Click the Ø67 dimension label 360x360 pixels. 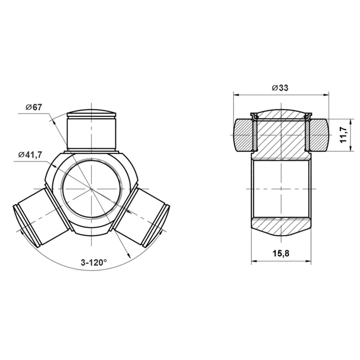click(34, 107)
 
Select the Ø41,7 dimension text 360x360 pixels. click(30, 155)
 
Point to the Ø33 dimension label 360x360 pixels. click(280, 88)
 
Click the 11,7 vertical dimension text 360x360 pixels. click(344, 135)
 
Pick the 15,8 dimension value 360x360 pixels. click(281, 254)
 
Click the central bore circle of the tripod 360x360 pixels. click(92, 188)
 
